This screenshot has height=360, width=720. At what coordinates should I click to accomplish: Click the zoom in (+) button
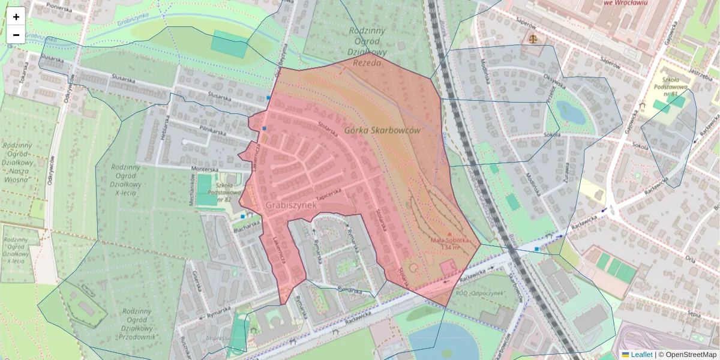coord(16,17)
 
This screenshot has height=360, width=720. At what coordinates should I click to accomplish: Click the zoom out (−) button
coord(16,35)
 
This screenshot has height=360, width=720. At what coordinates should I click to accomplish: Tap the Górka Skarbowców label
coord(383,130)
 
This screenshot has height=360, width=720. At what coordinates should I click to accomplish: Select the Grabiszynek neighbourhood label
coord(290,205)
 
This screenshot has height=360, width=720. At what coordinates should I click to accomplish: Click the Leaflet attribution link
coord(641,355)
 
